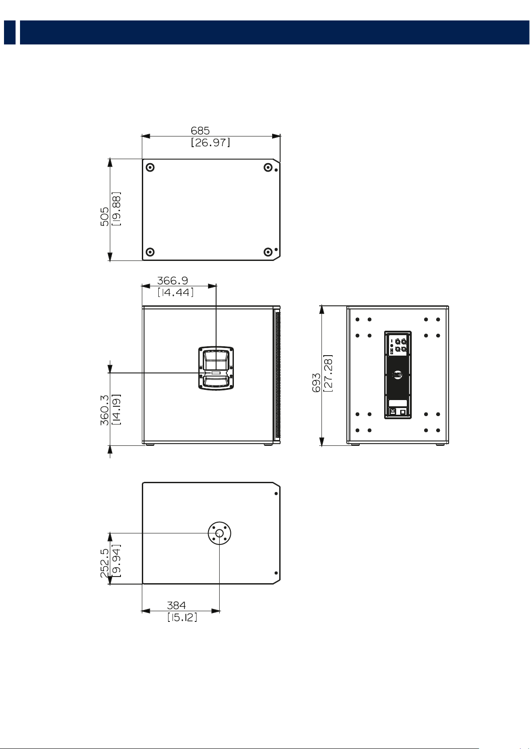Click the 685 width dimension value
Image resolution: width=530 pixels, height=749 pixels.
(x=200, y=130)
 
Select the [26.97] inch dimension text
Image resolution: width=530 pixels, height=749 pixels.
(x=210, y=142)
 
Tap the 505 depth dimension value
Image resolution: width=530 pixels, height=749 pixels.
(x=104, y=216)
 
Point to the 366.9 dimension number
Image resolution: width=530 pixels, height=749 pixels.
(x=173, y=280)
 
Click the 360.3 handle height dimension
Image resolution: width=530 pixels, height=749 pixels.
(x=104, y=410)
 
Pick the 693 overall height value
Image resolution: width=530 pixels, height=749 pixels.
(x=316, y=383)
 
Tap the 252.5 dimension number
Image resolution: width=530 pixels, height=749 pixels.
(x=104, y=563)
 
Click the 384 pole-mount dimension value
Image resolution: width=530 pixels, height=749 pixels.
(x=176, y=605)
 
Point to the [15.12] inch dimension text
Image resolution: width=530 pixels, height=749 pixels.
(x=182, y=617)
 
